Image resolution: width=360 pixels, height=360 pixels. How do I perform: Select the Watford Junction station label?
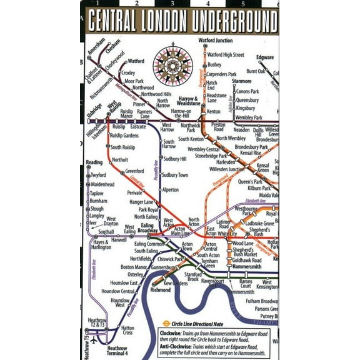click(x=215, y=41)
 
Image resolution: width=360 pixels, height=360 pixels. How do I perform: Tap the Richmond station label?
click(x=161, y=290)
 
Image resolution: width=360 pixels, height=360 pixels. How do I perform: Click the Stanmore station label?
click(x=241, y=81)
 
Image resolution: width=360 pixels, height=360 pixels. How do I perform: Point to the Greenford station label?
click(x=134, y=171)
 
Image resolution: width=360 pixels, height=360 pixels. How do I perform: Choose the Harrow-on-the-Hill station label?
click(x=181, y=113)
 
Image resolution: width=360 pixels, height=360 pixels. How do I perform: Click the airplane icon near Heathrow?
click(x=94, y=341)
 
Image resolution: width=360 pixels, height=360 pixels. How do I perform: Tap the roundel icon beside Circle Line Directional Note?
click(x=166, y=323)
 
